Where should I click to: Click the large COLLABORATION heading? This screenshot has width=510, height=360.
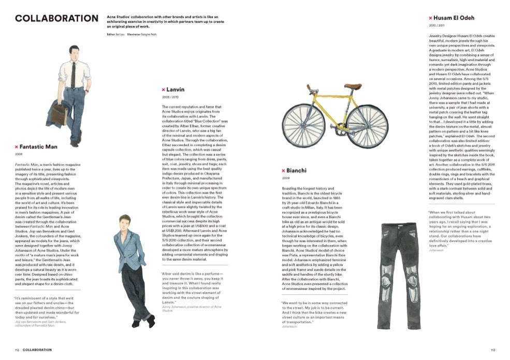click(x=56, y=19)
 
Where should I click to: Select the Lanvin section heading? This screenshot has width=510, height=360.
click(x=176, y=90)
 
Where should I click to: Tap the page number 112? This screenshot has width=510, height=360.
click(x=17, y=350)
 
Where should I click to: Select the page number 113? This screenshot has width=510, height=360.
click(x=492, y=350)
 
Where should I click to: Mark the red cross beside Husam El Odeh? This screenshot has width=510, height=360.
click(x=424, y=18)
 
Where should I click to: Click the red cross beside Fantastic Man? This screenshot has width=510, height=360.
click(x=17, y=147)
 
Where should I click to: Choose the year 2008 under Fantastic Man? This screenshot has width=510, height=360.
click(x=19, y=154)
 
